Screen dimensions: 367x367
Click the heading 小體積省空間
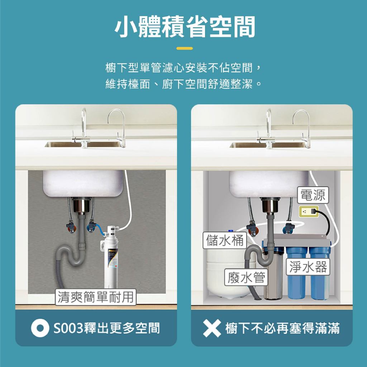click(185, 27)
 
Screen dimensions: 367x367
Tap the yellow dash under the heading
click(185, 48)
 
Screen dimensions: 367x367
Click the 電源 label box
click(313, 195)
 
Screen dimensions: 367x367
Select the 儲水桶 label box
click(225, 240)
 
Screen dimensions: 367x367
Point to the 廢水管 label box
click(246, 277)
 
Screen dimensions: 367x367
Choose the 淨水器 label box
click(308, 267)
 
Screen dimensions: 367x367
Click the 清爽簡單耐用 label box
click(96, 297)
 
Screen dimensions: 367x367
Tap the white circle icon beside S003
click(40, 328)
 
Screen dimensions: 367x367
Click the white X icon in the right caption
click(212, 328)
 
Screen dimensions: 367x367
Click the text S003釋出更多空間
click(107, 328)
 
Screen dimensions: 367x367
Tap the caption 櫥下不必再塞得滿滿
click(282, 328)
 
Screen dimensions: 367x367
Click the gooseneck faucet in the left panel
click(116, 128)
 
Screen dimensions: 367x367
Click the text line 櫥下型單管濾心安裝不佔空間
click(183, 68)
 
